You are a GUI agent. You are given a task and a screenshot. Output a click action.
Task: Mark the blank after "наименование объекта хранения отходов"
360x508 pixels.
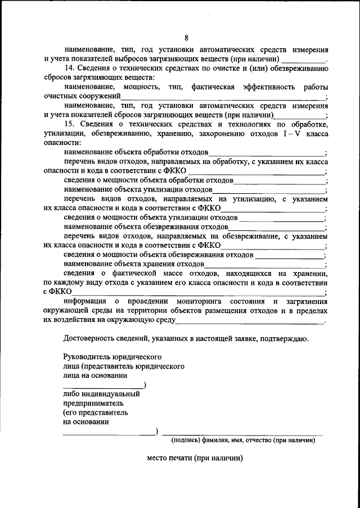click(x=264, y=263)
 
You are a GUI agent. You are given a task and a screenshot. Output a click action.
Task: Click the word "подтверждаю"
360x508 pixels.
click(x=286, y=338)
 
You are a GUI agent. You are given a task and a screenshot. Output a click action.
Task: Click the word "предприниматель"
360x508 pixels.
click(x=93, y=403)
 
